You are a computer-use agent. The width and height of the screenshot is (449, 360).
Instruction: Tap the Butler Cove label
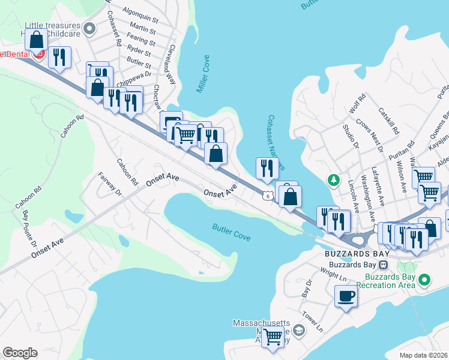(x=231, y=232)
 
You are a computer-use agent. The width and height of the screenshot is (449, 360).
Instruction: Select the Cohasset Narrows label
(x=276, y=142)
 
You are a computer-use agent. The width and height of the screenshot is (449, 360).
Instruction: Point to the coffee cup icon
(x=346, y=296)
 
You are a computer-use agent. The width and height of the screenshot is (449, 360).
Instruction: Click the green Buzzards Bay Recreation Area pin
(x=424, y=280)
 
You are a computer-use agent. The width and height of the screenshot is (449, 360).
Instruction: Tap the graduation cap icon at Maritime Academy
(x=298, y=331)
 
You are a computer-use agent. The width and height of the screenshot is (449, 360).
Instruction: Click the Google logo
(x=20, y=352)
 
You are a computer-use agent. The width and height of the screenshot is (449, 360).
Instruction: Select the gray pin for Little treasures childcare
(x=90, y=28)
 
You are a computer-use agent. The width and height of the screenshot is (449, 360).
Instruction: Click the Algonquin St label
(x=140, y=11)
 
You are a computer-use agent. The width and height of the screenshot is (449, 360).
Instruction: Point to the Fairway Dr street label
(x=110, y=184)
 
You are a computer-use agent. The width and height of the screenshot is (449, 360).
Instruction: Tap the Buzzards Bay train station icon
(x=383, y=265)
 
